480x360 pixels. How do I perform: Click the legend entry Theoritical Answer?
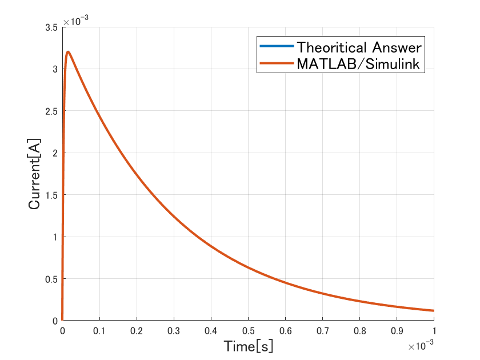pyautogui.click(x=359, y=46)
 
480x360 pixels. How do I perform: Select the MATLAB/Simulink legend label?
pyautogui.click(x=359, y=64)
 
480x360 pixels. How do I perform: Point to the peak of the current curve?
pyautogui.click(x=68, y=52)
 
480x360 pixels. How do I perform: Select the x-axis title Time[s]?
pyautogui.click(x=248, y=346)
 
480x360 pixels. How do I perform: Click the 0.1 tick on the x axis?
pyautogui.click(x=99, y=331)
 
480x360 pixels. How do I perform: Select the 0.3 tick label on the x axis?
pyautogui.click(x=173, y=331)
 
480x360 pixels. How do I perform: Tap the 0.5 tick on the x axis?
pyautogui.click(x=248, y=331)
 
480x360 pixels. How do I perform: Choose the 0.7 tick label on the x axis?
pyautogui.click(x=322, y=331)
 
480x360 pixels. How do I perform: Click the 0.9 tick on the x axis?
pyautogui.click(x=397, y=331)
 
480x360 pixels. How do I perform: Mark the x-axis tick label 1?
pyautogui.click(x=434, y=331)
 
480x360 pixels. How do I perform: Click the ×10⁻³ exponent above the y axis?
pyautogui.click(x=75, y=22)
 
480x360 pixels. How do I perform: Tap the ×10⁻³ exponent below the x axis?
pyautogui.click(x=421, y=346)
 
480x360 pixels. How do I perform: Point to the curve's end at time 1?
pyautogui.click(x=433, y=311)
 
